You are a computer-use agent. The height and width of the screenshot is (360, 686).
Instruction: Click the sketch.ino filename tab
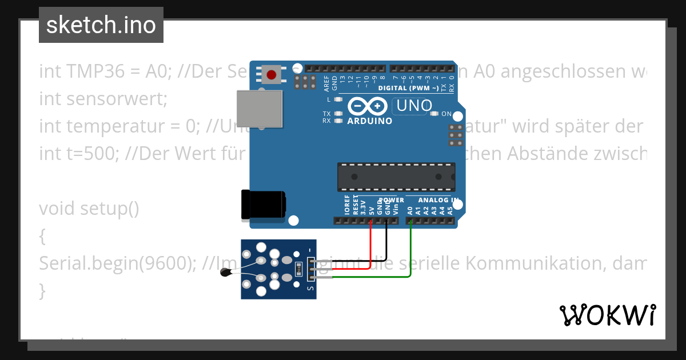[x=101, y=25]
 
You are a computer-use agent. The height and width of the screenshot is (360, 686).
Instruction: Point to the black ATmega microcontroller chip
[x=396, y=177]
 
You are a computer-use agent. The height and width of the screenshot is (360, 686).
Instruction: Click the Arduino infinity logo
[x=369, y=106]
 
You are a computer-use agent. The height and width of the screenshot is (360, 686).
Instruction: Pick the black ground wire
[x=387, y=243]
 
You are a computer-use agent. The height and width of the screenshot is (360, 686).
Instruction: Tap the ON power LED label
[x=446, y=114]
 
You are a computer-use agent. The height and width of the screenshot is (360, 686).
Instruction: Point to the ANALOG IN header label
[x=438, y=200]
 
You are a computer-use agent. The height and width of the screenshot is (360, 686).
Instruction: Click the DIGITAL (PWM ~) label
[x=408, y=88]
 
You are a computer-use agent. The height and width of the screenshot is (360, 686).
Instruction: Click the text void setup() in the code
[x=89, y=209]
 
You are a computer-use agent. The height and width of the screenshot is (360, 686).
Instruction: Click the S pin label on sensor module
[x=310, y=289]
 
